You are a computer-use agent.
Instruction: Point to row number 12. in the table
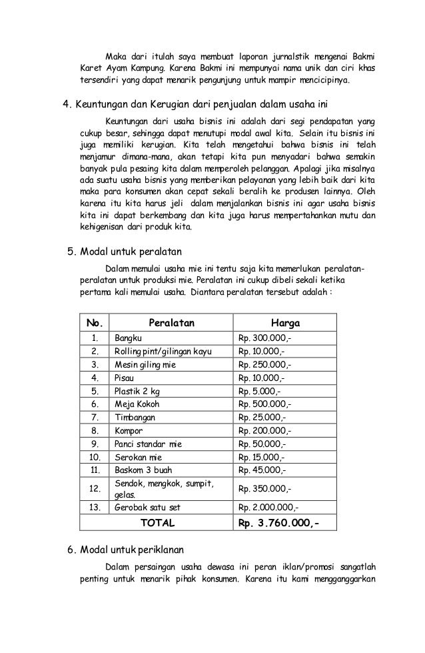click(95, 489)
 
